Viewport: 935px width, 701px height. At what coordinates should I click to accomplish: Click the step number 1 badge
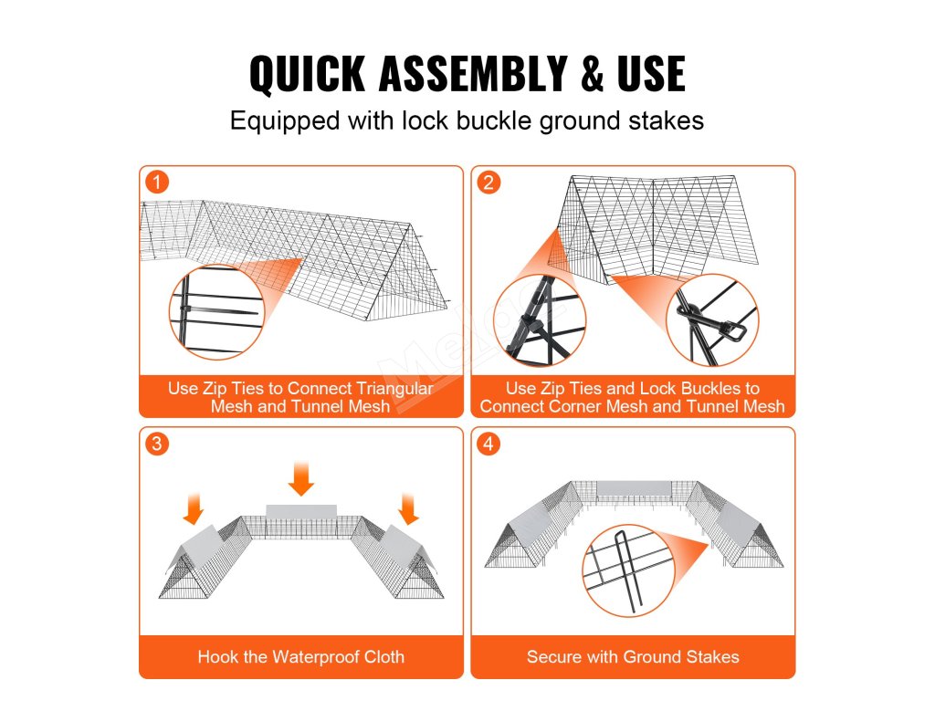pos(157,182)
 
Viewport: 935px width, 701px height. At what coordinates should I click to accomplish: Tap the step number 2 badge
pos(489,182)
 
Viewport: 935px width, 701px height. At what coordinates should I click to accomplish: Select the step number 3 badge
pos(157,444)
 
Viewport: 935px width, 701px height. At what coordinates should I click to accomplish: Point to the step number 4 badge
pos(489,444)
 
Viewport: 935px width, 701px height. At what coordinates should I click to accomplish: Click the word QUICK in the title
pos(308,74)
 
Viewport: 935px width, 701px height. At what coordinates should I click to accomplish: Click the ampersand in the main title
pos(592,73)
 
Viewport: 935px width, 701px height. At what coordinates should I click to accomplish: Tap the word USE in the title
pos(651,73)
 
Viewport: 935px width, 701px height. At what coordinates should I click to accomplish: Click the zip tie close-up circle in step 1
pos(217,312)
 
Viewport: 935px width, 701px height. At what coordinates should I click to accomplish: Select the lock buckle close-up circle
pos(712,320)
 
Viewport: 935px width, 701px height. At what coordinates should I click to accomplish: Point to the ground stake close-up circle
pos(629,570)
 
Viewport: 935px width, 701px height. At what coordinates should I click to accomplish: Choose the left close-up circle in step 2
pos(540,320)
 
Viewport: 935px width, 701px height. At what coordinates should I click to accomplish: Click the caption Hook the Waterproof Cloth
pos(301,657)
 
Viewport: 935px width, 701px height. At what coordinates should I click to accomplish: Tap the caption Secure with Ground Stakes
pos(633,657)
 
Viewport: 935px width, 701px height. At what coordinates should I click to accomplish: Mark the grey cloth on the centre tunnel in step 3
pos(301,511)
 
